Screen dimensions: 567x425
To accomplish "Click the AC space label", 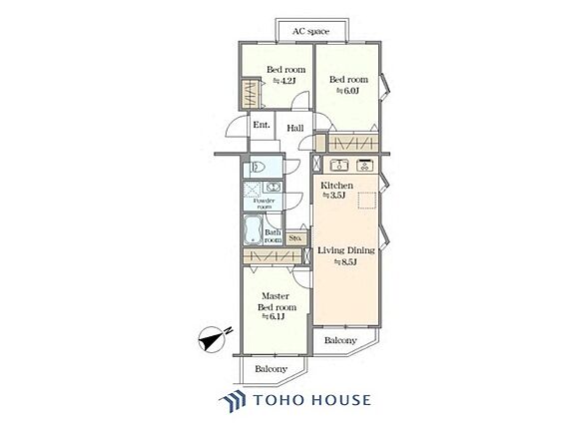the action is point(310,32).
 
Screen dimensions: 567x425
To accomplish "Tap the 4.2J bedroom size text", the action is point(283,81).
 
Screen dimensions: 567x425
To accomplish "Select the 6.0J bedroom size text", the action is point(347,91).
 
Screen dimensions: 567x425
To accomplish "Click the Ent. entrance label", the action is point(262,125).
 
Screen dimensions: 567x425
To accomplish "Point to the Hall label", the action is point(295,128).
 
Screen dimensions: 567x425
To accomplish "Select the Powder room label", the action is point(264,204).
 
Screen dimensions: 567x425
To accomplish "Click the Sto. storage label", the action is point(295,238).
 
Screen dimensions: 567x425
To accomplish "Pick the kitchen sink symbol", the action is point(339,165).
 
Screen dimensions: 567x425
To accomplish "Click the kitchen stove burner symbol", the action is point(364,165).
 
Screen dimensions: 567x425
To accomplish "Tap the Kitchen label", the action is point(336,186).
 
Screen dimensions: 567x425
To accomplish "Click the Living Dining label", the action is point(346,250).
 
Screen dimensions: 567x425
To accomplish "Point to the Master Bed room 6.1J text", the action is point(277,306).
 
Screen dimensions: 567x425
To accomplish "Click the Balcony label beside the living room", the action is point(340,340).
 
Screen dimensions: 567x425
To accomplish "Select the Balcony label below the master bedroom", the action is point(271,369).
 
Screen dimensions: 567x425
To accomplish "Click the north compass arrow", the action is point(214,338).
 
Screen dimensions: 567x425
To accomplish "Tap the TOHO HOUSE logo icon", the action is point(233,400).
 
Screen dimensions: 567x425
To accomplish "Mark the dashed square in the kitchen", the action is point(367,201).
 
